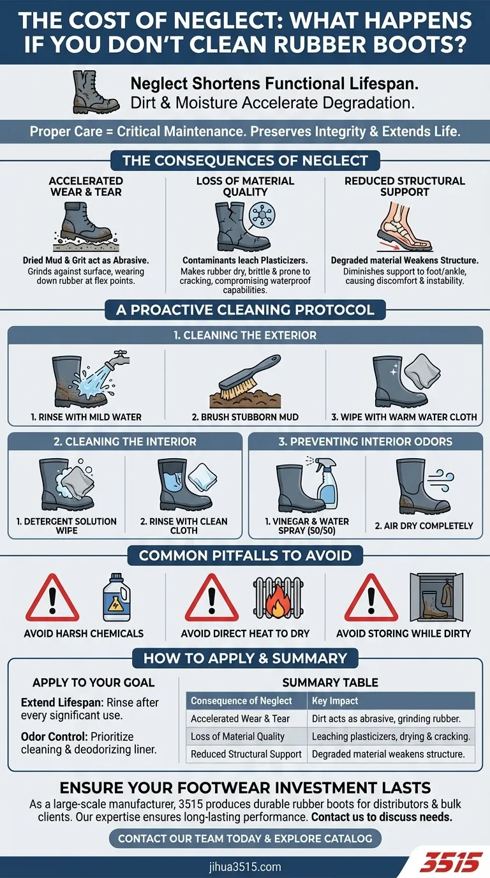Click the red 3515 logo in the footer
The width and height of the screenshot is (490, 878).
click(451, 862)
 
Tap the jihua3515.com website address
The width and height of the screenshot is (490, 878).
click(244, 867)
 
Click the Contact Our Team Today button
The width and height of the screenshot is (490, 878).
click(245, 838)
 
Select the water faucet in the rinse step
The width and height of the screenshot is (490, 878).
click(117, 358)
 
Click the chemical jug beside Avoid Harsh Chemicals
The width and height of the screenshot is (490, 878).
click(116, 597)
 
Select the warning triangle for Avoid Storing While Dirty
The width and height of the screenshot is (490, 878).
click(371, 597)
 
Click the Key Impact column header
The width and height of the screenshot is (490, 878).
click(335, 701)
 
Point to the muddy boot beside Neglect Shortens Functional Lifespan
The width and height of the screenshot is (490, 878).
click(95, 92)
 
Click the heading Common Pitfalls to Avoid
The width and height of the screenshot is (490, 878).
click(245, 555)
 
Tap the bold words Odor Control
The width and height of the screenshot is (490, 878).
click(54, 736)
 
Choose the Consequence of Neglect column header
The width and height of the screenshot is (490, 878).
click(241, 701)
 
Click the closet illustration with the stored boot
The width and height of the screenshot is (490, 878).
click(436, 597)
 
